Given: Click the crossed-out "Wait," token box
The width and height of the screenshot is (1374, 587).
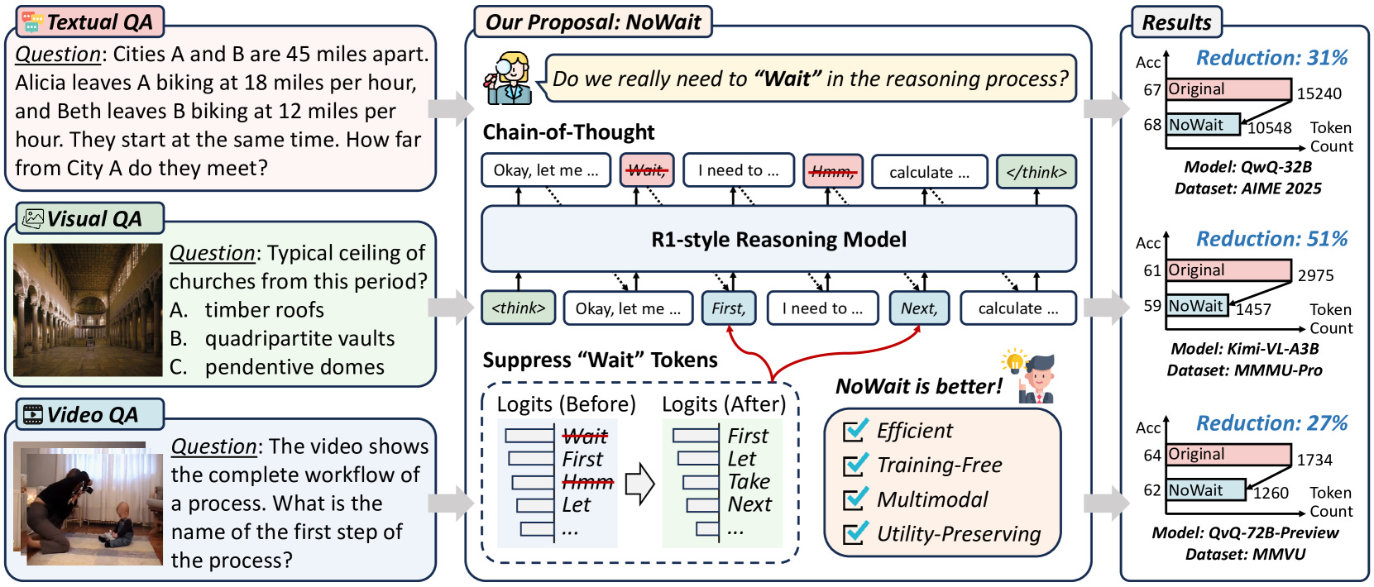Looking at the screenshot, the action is pos(647,170).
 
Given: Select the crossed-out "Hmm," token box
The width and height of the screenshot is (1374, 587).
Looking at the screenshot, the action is pos(832,170).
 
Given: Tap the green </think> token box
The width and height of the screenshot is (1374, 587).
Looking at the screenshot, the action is pos(1036,171).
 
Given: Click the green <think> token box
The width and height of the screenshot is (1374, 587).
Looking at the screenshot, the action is pos(519,308).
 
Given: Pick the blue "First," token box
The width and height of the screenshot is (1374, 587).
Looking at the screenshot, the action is pos(729,308).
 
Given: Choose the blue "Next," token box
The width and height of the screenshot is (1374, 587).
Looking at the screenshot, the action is pos(919,308).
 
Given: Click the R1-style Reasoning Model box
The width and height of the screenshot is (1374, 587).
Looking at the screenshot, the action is pos(778,239).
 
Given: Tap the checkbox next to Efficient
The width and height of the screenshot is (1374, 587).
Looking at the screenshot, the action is pos(855,430).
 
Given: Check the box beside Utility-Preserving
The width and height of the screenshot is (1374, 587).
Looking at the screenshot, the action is pos(855,533).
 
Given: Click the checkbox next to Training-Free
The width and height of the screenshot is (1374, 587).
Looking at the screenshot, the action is pos(855,465).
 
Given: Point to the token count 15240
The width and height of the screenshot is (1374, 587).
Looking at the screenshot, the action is pos(1319,93).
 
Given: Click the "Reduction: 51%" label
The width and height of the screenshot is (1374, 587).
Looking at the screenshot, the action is pos(1271,239).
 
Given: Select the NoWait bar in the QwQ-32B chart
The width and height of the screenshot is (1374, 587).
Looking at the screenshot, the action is pos(1203,125).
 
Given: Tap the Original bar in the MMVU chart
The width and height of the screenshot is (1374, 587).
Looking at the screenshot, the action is pos(1228,454).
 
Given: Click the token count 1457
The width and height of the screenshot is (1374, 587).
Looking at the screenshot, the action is pos(1253,309).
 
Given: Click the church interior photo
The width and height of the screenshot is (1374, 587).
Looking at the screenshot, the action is pos(88,310).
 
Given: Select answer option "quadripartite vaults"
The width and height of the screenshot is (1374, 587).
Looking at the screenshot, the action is pos(299,338).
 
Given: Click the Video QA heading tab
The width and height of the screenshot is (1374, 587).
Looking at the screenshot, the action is pos(90,415).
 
